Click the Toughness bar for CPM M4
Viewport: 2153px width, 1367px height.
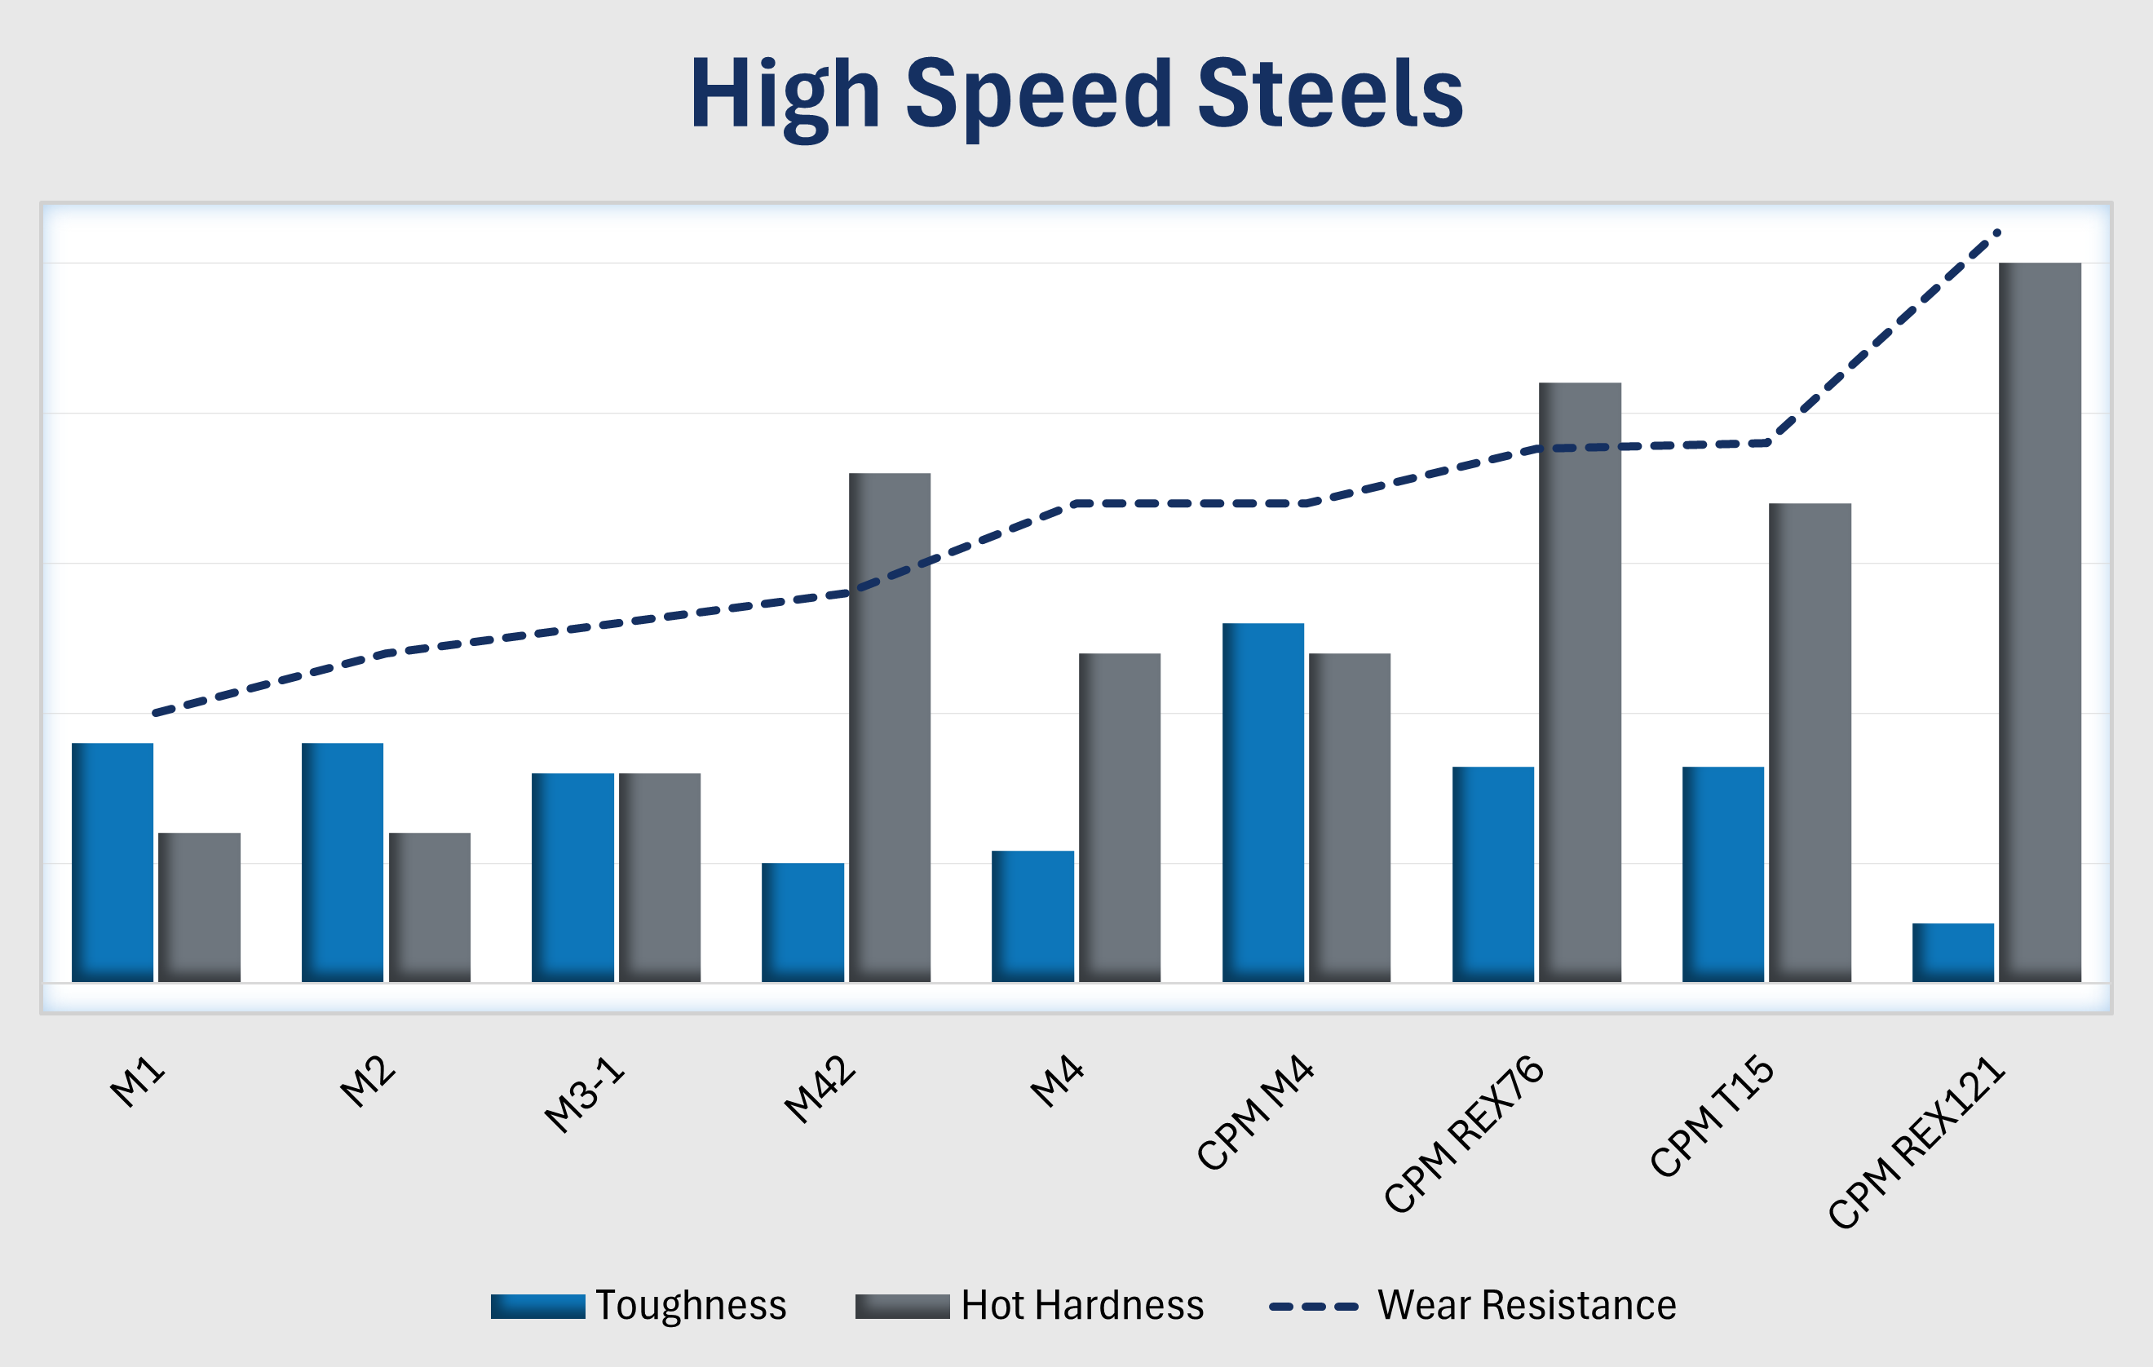[x=1262, y=802]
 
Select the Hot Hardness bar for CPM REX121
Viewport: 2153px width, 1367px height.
[x=2040, y=622]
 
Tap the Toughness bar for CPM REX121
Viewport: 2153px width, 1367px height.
[x=1952, y=952]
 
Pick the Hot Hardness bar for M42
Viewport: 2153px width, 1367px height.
[x=890, y=727]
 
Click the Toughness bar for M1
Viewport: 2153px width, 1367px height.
[x=113, y=862]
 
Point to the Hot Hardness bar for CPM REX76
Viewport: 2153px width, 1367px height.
[x=1580, y=681]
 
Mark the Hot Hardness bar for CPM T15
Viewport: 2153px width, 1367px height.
[x=1810, y=742]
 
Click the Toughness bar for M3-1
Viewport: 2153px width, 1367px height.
[x=573, y=877]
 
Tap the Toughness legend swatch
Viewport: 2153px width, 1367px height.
[x=537, y=1306]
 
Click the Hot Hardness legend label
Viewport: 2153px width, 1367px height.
[x=1082, y=1305]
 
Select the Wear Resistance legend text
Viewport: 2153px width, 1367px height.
[x=1526, y=1305]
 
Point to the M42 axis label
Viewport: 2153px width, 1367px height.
[x=820, y=1089]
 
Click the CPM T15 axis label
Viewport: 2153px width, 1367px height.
[x=1711, y=1116]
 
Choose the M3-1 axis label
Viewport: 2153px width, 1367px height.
[x=585, y=1095]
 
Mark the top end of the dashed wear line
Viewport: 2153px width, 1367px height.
[x=1997, y=232]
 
